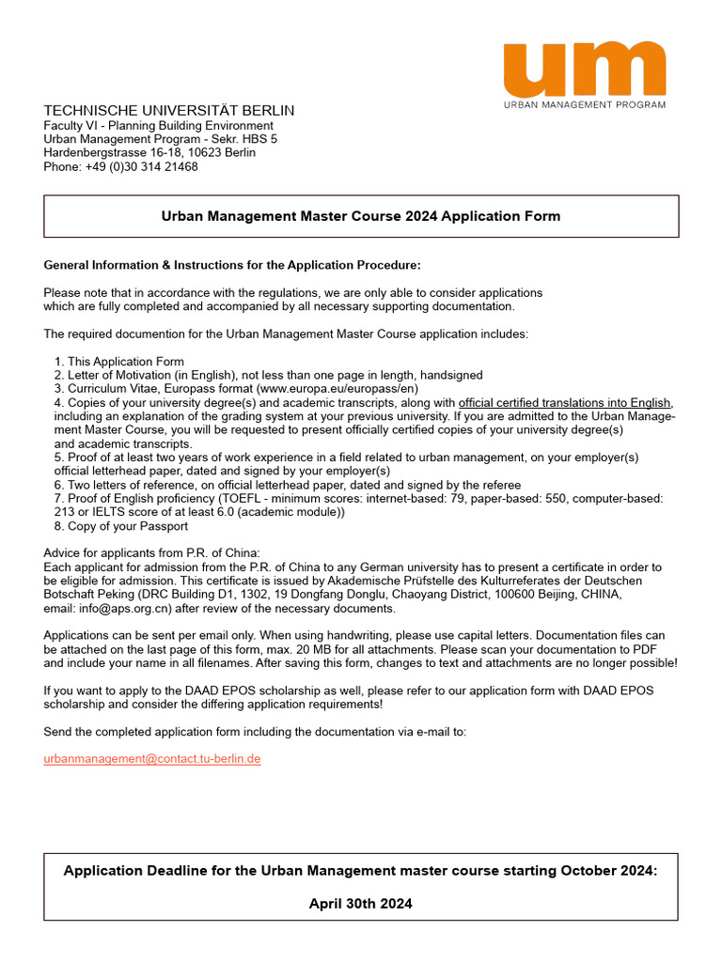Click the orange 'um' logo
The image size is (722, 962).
click(x=584, y=69)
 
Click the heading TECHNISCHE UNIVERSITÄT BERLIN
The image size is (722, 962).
click(x=168, y=110)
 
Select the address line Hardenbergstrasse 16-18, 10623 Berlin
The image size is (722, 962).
click(x=149, y=152)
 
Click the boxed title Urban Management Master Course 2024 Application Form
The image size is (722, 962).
click(x=361, y=216)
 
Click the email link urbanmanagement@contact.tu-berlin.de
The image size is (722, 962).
click(x=151, y=758)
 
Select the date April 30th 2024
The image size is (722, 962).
click(x=361, y=904)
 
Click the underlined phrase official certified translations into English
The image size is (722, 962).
click(x=565, y=403)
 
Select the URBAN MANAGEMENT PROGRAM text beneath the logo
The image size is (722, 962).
click(x=584, y=105)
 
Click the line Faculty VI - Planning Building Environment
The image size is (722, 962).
click(x=159, y=125)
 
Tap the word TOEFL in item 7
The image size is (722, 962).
click(x=240, y=498)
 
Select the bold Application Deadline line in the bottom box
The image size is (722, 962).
click(x=361, y=870)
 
